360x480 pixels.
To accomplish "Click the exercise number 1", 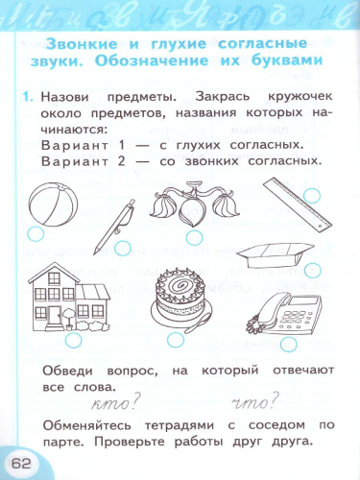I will (31, 98).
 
